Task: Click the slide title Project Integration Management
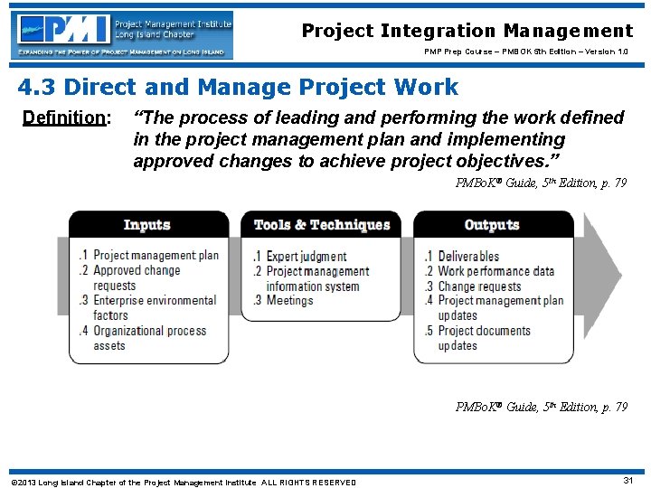click(x=467, y=32)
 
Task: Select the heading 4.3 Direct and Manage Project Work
click(x=238, y=88)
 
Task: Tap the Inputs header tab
click(x=147, y=225)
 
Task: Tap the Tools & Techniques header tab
click(x=321, y=225)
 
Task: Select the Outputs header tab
click(x=491, y=225)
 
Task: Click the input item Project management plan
click(x=155, y=256)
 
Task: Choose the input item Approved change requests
click(x=136, y=277)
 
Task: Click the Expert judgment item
click(x=305, y=257)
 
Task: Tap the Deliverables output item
click(x=467, y=257)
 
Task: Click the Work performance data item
click(x=494, y=271)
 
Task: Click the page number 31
click(x=627, y=480)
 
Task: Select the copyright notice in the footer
click(x=183, y=482)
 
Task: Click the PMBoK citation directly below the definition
click(x=541, y=183)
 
